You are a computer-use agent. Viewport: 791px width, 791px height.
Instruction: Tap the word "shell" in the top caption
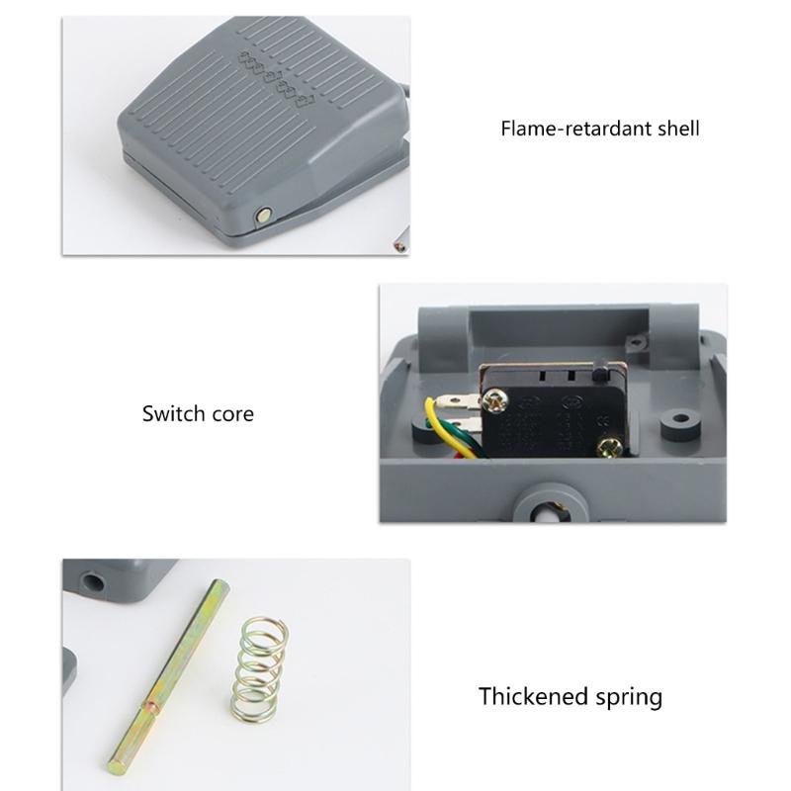(672, 129)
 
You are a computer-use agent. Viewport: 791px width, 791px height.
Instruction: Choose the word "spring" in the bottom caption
(625, 698)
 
